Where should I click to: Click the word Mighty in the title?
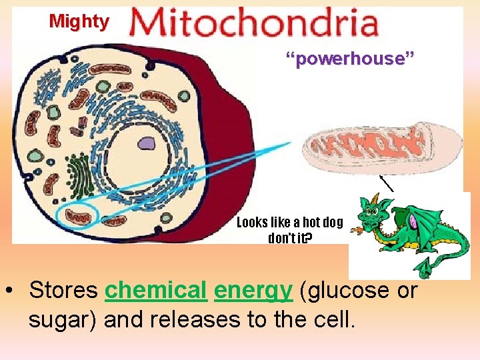click(x=79, y=21)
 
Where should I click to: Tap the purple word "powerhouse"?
click(x=350, y=59)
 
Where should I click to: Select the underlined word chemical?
click(x=156, y=290)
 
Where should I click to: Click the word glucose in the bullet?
click(x=347, y=291)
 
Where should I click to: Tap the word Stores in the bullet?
click(x=64, y=290)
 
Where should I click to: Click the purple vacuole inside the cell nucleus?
click(x=146, y=143)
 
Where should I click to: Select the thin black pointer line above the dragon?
click(x=387, y=183)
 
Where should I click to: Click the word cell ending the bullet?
click(x=333, y=320)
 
